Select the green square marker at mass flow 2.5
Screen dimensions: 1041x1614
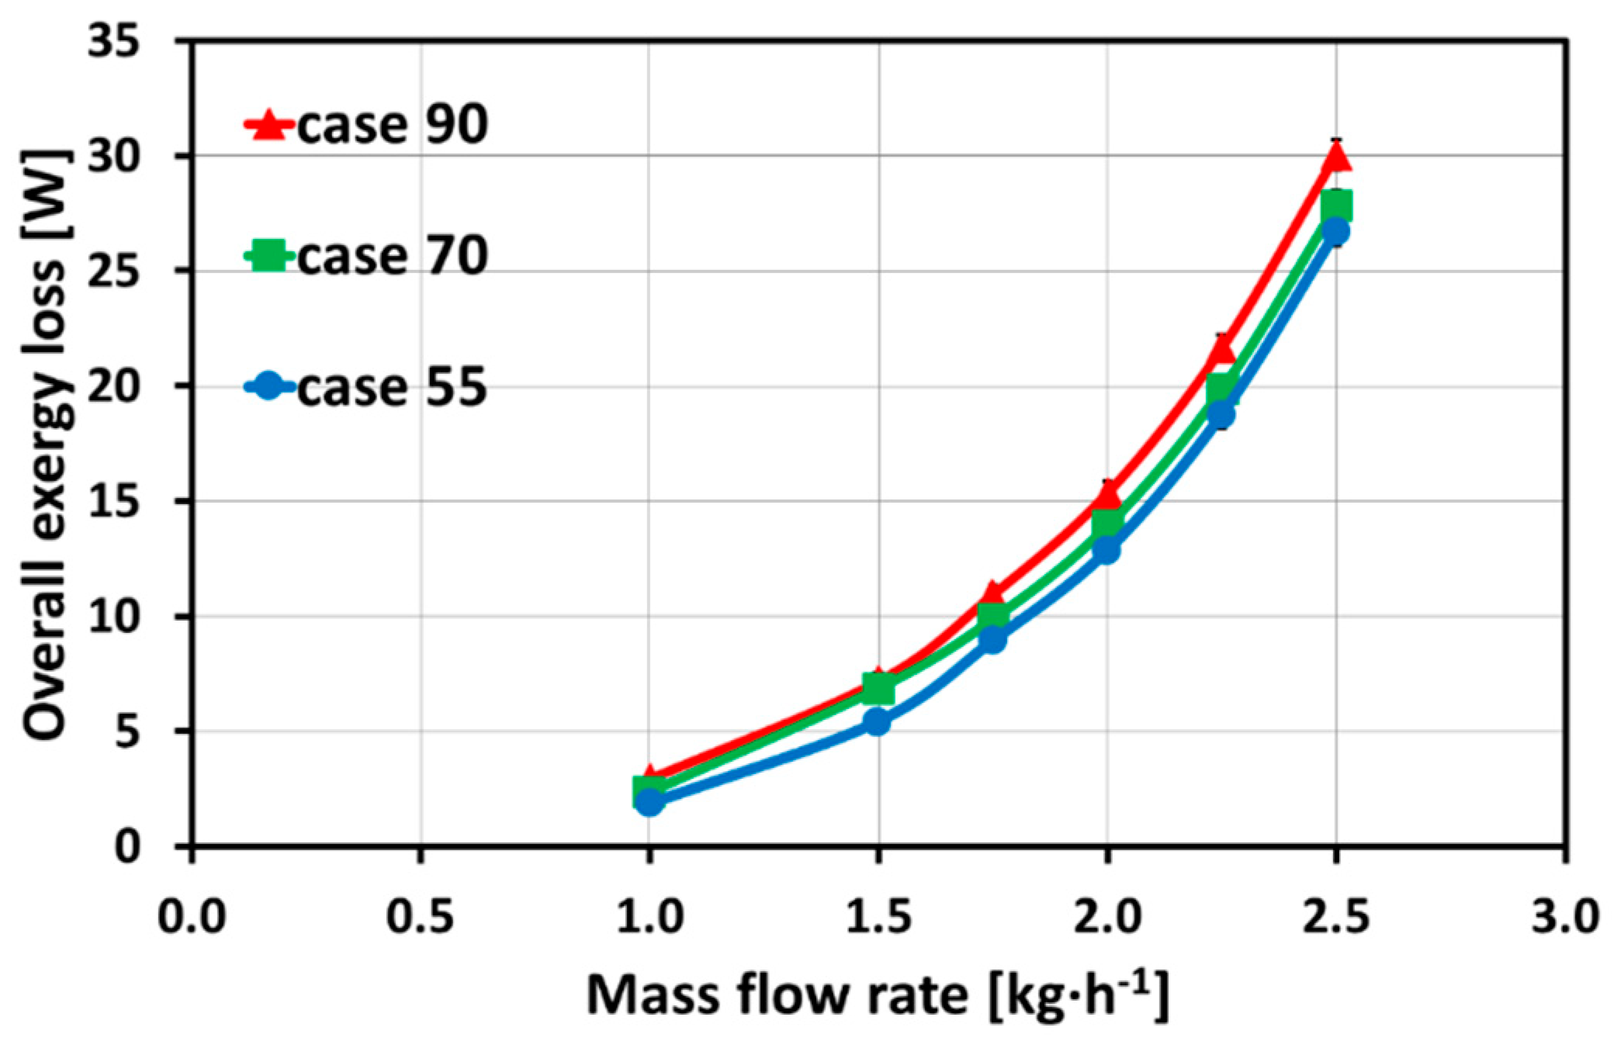click(1335, 206)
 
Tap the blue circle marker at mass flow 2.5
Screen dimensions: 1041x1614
click(1335, 231)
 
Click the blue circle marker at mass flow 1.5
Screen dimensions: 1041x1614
click(878, 722)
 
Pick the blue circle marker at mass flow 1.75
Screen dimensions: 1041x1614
click(992, 639)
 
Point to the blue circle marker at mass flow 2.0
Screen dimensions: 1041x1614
click(1107, 550)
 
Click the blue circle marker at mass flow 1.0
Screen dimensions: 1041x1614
click(649, 802)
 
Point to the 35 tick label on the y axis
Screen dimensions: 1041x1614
click(125, 43)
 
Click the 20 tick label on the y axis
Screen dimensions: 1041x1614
click(125, 387)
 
